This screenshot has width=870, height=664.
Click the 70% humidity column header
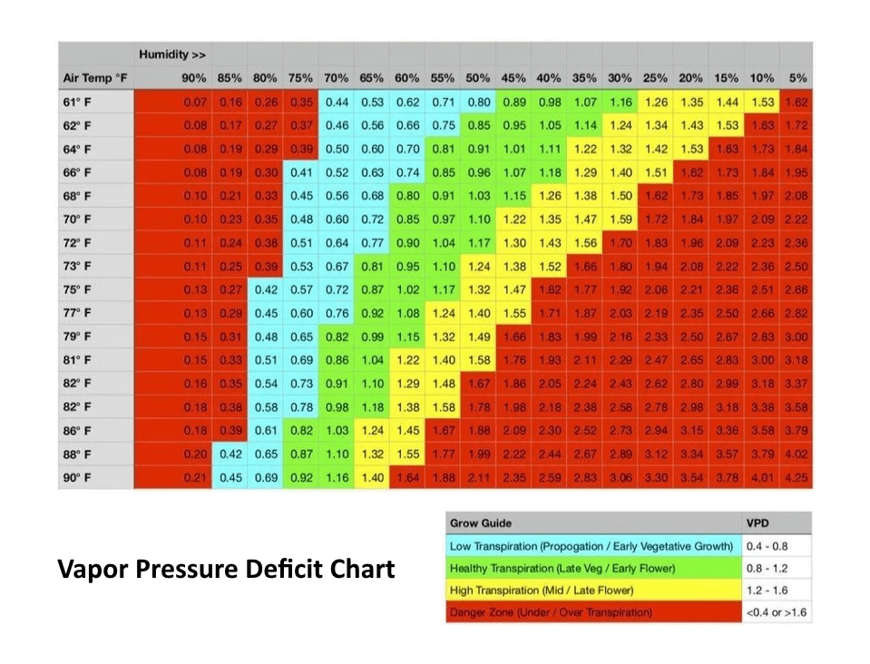click(337, 78)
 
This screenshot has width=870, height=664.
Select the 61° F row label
click(77, 103)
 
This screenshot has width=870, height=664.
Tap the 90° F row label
click(77, 478)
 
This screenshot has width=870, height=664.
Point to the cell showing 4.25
click(797, 478)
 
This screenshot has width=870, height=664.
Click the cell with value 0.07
click(195, 103)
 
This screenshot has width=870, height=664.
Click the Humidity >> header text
click(172, 54)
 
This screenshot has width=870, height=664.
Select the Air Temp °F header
click(95, 78)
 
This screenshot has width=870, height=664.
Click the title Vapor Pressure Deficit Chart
click(227, 569)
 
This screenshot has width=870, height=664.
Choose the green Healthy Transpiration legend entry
click(593, 568)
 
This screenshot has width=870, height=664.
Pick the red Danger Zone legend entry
click(593, 612)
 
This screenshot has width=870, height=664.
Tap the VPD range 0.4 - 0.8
click(767, 546)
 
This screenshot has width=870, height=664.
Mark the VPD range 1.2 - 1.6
click(767, 591)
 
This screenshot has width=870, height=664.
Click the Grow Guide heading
click(481, 523)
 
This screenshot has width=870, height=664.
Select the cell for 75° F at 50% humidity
click(478, 289)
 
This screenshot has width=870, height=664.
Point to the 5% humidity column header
click(797, 78)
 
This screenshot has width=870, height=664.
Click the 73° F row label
click(77, 267)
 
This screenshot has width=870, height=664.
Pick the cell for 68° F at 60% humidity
click(407, 196)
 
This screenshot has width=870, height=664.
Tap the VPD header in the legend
click(758, 523)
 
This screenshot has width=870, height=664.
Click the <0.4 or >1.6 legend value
click(777, 613)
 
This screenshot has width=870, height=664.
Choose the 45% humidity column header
click(513, 78)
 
